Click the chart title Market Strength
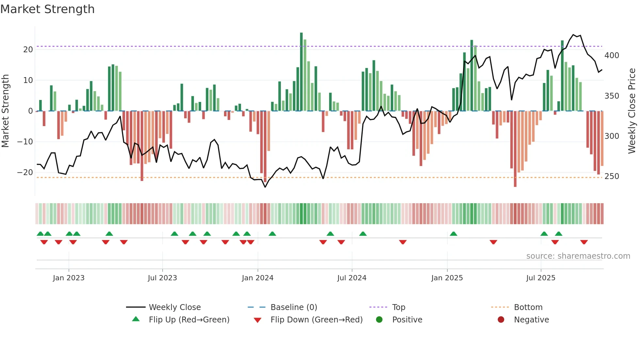47,9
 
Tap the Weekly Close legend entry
174,307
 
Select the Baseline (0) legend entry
294,307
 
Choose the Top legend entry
398,307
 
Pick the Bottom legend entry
528,307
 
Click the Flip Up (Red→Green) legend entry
189,319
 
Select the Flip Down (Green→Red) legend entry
316,319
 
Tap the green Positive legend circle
379,319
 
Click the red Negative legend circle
501,319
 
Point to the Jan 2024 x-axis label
258,278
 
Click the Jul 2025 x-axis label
541,278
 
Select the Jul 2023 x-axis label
162,278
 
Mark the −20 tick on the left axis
25,172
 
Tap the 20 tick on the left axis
28,50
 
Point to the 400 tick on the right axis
612,56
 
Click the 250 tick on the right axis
612,176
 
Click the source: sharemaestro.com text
578,256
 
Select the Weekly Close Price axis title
632,111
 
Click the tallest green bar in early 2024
301,72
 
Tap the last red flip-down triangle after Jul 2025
584,242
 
